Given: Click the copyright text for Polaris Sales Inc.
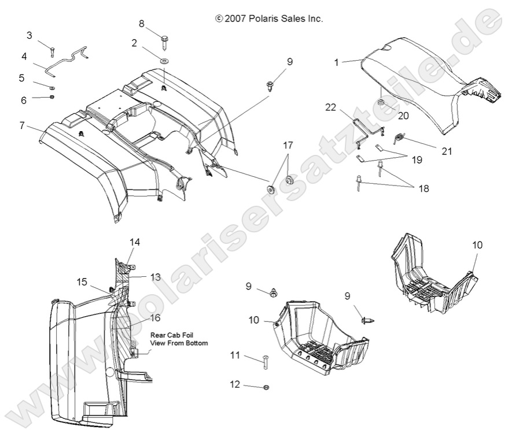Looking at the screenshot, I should pos(268,18).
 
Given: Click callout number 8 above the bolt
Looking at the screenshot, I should pos(141,24).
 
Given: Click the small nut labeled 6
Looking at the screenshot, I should pos(51,97).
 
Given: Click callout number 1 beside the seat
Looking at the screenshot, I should pos(336,62).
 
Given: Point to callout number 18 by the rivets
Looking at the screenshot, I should pos(425,188).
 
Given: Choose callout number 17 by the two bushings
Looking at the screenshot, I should pos(288,144).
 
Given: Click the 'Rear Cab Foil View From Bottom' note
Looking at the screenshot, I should pos(179,338).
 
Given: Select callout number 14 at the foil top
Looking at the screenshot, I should pos(135,242).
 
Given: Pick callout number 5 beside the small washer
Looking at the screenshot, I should pos(21,77).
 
